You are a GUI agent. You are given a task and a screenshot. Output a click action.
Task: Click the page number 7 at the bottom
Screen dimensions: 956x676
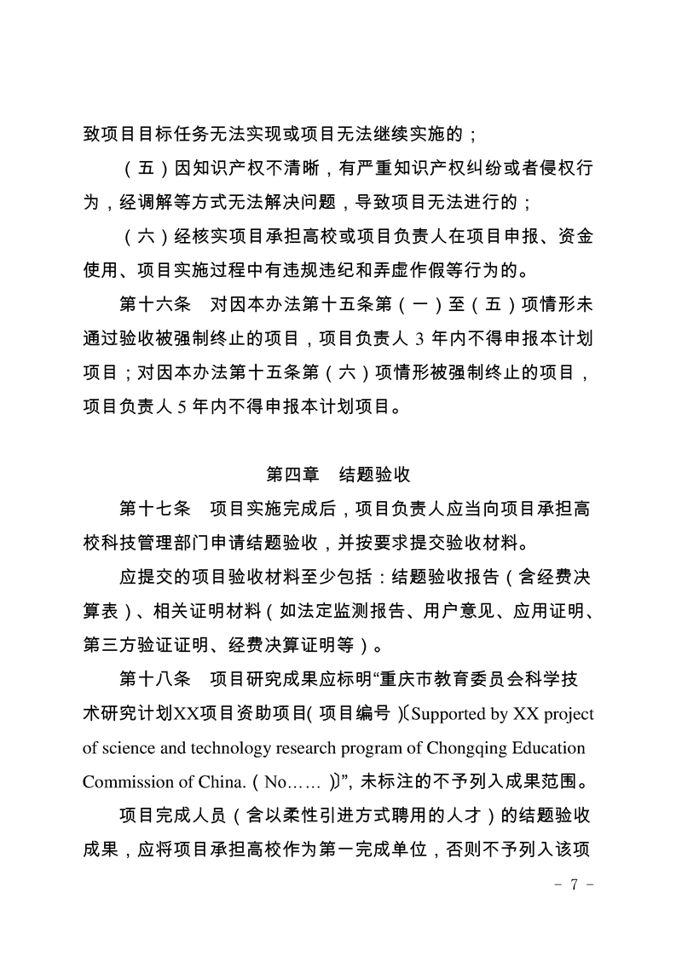(575, 884)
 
